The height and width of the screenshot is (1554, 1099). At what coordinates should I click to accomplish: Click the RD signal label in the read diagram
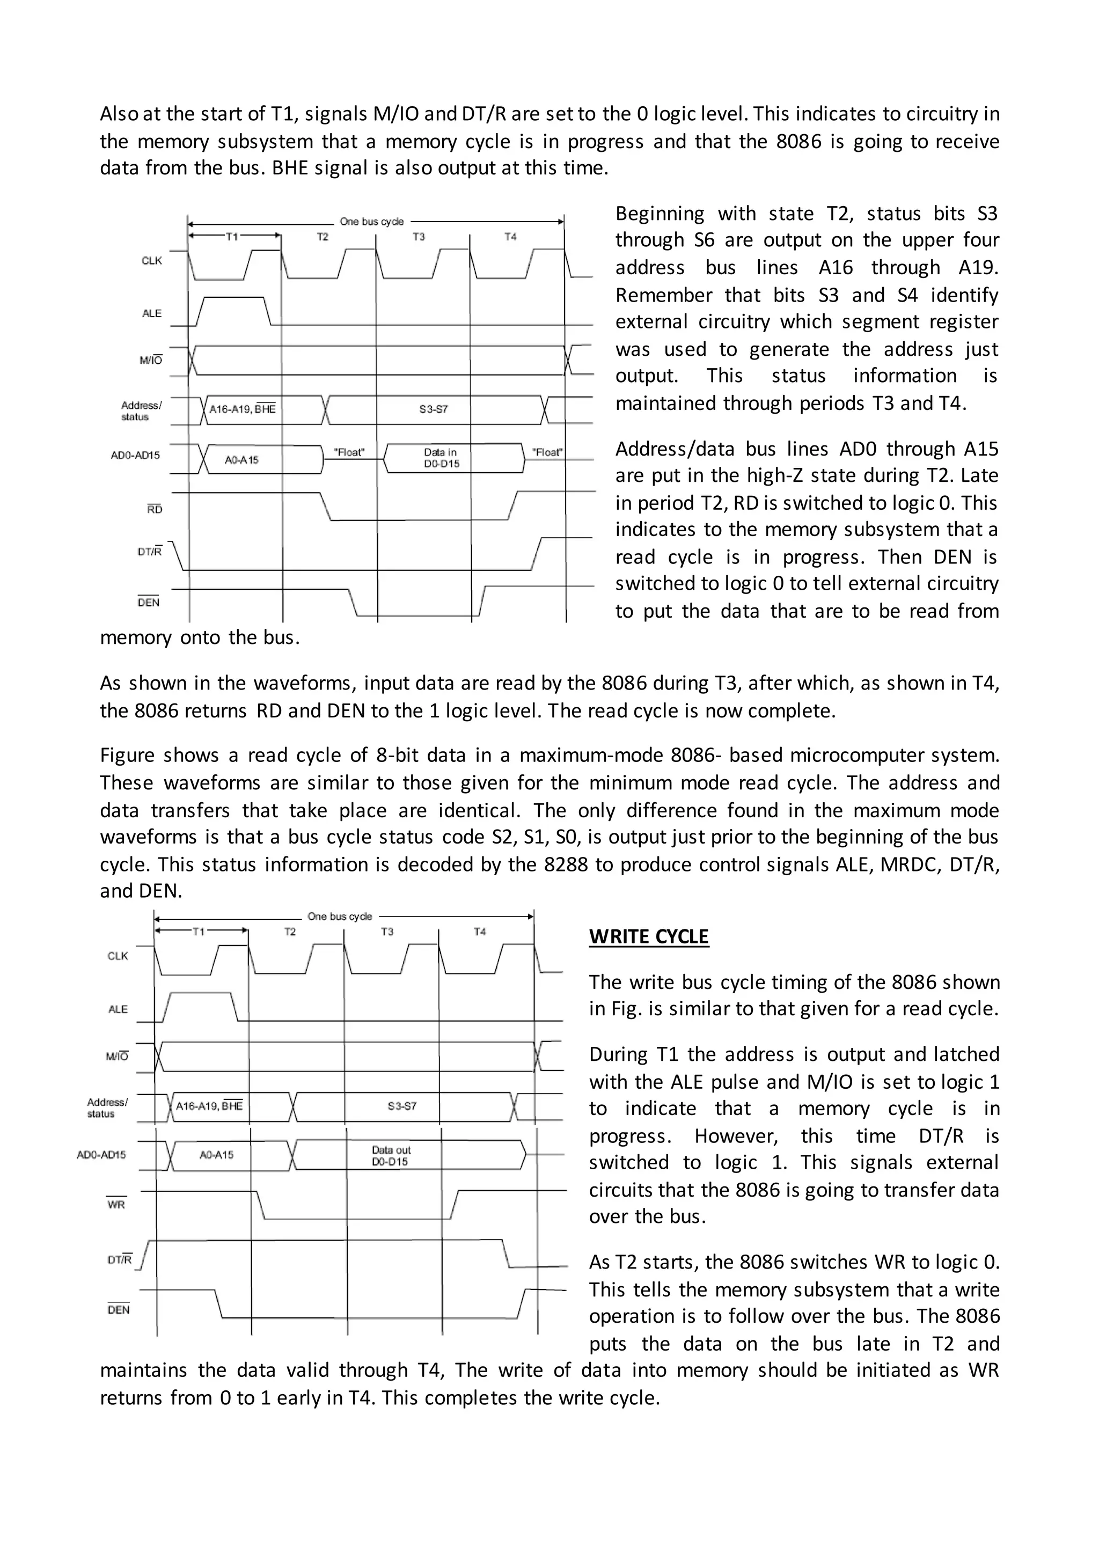click(155, 509)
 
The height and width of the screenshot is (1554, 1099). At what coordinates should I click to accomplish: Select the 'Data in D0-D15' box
click(441, 458)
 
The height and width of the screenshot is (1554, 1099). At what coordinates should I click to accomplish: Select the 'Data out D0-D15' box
click(391, 1155)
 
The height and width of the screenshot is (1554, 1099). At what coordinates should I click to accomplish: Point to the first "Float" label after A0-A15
click(349, 452)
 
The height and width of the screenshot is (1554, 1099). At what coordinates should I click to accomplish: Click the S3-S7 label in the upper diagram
click(433, 409)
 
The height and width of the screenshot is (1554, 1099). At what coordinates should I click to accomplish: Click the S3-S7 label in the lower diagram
click(402, 1106)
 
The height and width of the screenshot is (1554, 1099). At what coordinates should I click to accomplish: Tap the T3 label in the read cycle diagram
click(419, 236)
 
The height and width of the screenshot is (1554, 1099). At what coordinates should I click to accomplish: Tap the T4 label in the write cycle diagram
click(479, 932)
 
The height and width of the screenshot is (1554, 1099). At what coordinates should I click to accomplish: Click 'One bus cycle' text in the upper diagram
click(371, 221)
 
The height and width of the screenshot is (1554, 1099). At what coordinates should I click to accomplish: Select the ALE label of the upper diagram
click(151, 313)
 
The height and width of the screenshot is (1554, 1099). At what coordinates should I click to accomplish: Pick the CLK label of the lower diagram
click(118, 956)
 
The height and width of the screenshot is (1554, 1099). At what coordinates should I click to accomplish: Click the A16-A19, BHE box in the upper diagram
click(242, 409)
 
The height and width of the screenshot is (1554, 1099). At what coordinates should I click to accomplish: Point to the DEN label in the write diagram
click(119, 1310)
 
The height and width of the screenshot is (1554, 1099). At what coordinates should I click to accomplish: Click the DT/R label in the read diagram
click(150, 552)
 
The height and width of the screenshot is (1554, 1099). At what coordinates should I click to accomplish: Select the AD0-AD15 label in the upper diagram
click(135, 455)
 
